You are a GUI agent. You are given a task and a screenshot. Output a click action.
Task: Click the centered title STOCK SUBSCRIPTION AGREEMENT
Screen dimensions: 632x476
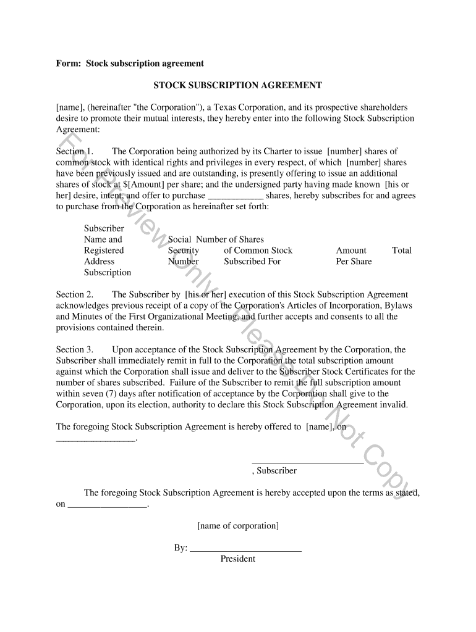[237, 85]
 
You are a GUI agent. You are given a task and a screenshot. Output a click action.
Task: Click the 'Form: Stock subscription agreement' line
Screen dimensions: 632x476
[130, 64]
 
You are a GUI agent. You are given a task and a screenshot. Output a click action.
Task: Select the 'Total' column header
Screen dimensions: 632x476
[401, 251]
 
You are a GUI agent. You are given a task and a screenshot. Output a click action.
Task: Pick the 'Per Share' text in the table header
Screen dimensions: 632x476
[354, 262]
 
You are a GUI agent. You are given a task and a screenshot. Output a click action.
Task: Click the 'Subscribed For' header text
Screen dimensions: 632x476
[252, 262]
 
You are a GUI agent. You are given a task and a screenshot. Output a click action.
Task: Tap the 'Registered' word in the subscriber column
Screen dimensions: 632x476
[104, 251]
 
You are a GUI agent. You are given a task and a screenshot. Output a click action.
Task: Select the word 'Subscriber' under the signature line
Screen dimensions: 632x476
[276, 471]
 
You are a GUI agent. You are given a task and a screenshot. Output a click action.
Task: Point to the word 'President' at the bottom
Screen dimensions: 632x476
[237, 559]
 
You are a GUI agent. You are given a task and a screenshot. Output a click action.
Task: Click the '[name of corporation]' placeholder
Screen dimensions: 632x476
[238, 526]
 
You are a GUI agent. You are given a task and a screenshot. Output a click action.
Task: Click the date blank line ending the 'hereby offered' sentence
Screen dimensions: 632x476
[95, 439]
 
